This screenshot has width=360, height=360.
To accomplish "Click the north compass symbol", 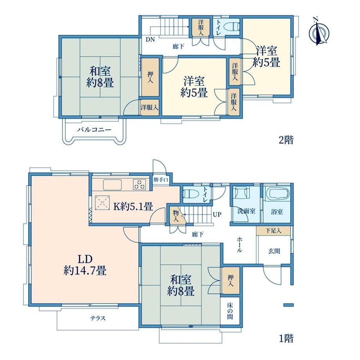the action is pos(319,32).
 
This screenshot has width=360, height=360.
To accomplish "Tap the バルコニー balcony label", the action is pos(94,130).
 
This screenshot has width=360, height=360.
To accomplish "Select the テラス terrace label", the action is pos(98,318).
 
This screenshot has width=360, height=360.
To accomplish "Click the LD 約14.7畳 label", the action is pos(85,265).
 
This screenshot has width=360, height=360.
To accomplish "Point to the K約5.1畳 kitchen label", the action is pos(133,207).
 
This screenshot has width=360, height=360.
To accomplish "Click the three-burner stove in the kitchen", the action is pos(139,184).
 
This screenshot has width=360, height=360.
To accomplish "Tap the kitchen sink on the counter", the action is pos(112,185).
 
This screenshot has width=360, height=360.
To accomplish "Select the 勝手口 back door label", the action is pos(161,180).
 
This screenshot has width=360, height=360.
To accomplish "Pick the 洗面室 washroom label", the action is pos(246,211).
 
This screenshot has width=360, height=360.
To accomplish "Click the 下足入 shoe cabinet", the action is pos(273,230).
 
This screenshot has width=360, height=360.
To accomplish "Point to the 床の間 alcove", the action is pos(230,311).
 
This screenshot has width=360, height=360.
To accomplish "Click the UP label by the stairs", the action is pos(217,214).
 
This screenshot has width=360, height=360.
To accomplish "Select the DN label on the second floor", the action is pos(150,39).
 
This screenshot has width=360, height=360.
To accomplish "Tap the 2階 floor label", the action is pos(286,140).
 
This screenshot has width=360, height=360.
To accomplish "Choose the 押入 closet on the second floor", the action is pos(150,77).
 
